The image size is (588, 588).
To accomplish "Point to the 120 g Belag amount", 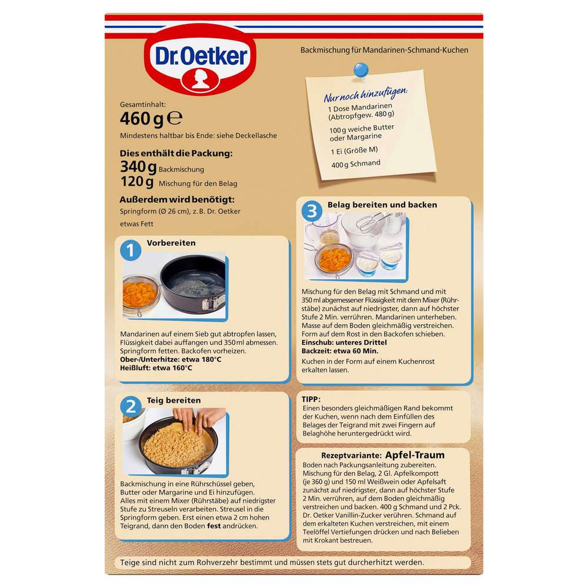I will pos(138,182).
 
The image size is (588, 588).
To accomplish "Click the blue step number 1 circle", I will pos(131,250).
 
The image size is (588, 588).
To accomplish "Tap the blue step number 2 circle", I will pos(131,407).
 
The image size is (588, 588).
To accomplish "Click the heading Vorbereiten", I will pos(171,242).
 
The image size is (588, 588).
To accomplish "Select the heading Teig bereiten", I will pos(173,400).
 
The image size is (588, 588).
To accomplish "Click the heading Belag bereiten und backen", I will pos(382,205).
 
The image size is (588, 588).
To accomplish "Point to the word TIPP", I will pos(311,398).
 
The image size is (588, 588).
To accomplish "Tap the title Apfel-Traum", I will pos(415,455).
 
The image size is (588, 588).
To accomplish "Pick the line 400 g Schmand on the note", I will pos(355,163).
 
